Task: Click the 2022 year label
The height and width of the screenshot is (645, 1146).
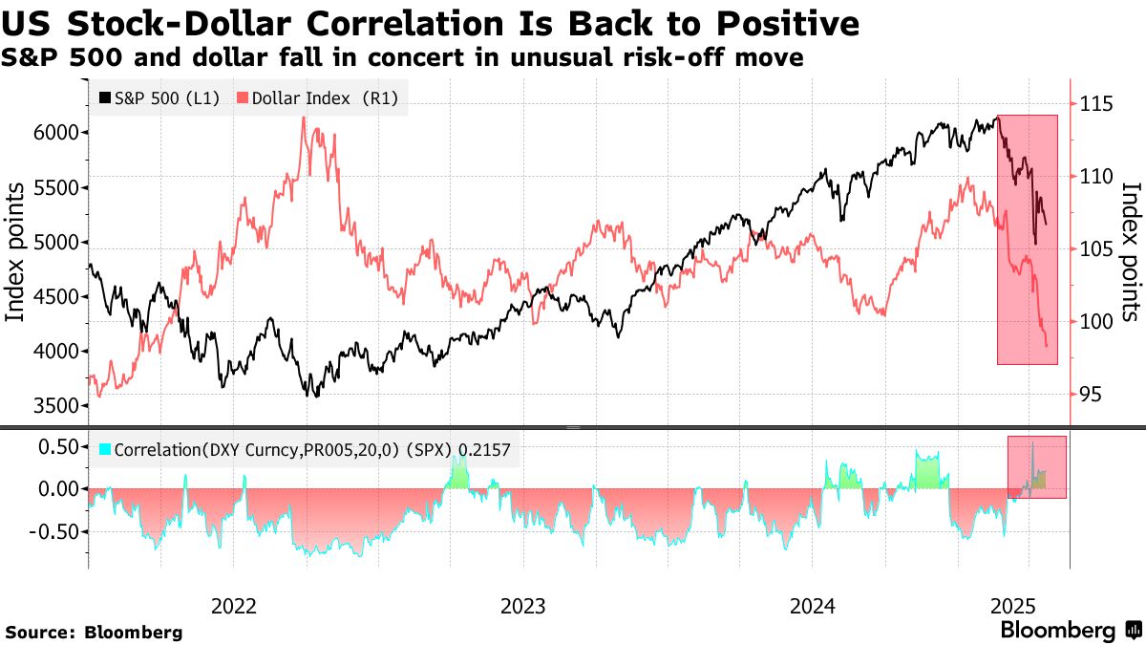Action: click(x=233, y=607)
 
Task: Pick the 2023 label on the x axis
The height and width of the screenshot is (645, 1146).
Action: click(x=522, y=607)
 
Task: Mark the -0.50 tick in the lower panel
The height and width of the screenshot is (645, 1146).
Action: click(x=54, y=531)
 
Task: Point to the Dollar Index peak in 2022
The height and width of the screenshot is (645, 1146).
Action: click(x=303, y=118)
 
